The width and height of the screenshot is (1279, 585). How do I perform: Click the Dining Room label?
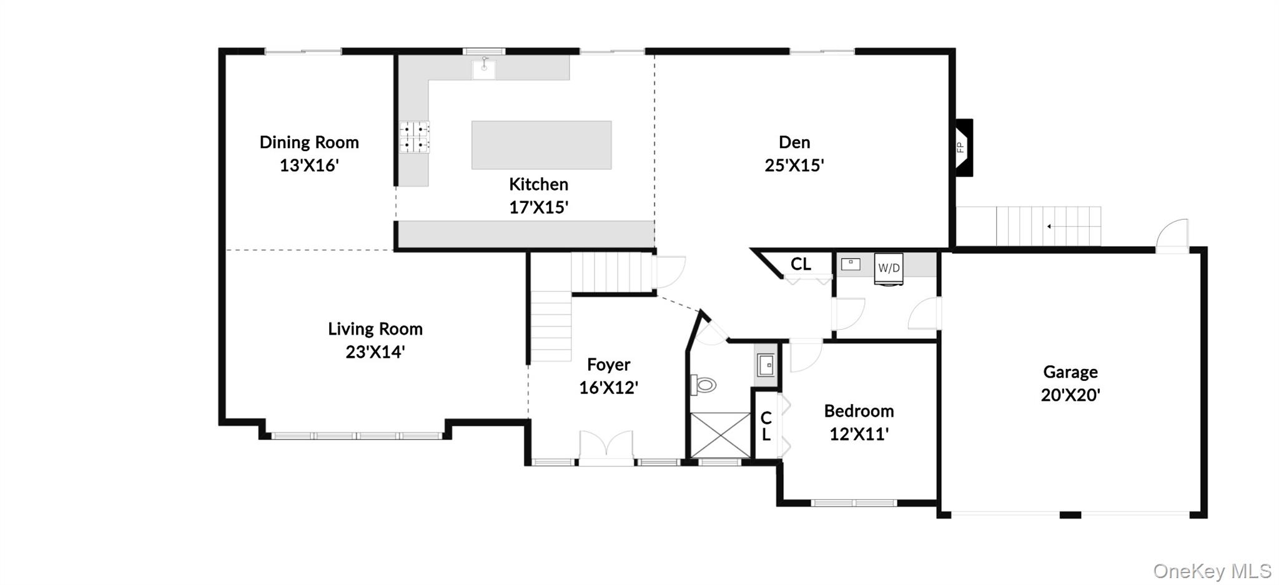309,142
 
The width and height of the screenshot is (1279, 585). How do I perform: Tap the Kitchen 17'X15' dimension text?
538,207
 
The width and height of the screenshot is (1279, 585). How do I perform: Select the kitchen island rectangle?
541,145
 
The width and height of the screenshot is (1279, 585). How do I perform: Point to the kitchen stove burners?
415,137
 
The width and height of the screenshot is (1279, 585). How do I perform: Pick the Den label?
794,142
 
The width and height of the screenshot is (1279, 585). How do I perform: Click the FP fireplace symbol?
962,147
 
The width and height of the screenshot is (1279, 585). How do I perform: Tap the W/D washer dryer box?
889,268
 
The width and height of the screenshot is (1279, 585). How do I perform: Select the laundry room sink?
851,264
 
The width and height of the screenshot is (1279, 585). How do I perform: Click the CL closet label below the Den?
801,264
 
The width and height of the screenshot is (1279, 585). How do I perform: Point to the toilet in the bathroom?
704,385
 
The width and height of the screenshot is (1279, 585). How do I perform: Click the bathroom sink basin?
766,365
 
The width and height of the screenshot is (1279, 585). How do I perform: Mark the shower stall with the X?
720,435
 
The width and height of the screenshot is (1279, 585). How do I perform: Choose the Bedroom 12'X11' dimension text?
859,434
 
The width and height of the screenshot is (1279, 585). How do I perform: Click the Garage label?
1070,372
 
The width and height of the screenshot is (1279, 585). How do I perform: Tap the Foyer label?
608,365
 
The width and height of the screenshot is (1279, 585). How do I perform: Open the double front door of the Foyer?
606,447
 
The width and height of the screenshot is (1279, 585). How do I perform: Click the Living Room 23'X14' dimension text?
375,352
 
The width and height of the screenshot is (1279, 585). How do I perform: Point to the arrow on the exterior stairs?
1050,226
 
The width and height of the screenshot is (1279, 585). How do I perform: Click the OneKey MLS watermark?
1212,571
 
